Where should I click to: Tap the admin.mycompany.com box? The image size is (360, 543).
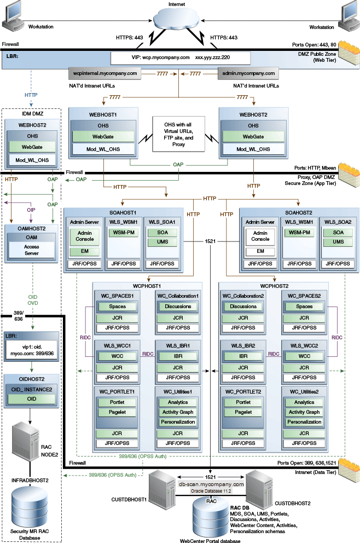tap(247, 72)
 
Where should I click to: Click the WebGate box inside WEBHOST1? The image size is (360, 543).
tap(103, 136)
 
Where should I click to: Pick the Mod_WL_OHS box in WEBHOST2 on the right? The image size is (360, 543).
tap(253, 149)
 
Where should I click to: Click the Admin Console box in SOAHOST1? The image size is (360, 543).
tap(84, 238)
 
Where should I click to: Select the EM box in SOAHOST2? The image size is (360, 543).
tap(260, 251)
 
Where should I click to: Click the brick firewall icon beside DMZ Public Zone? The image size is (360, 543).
tap(348, 53)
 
